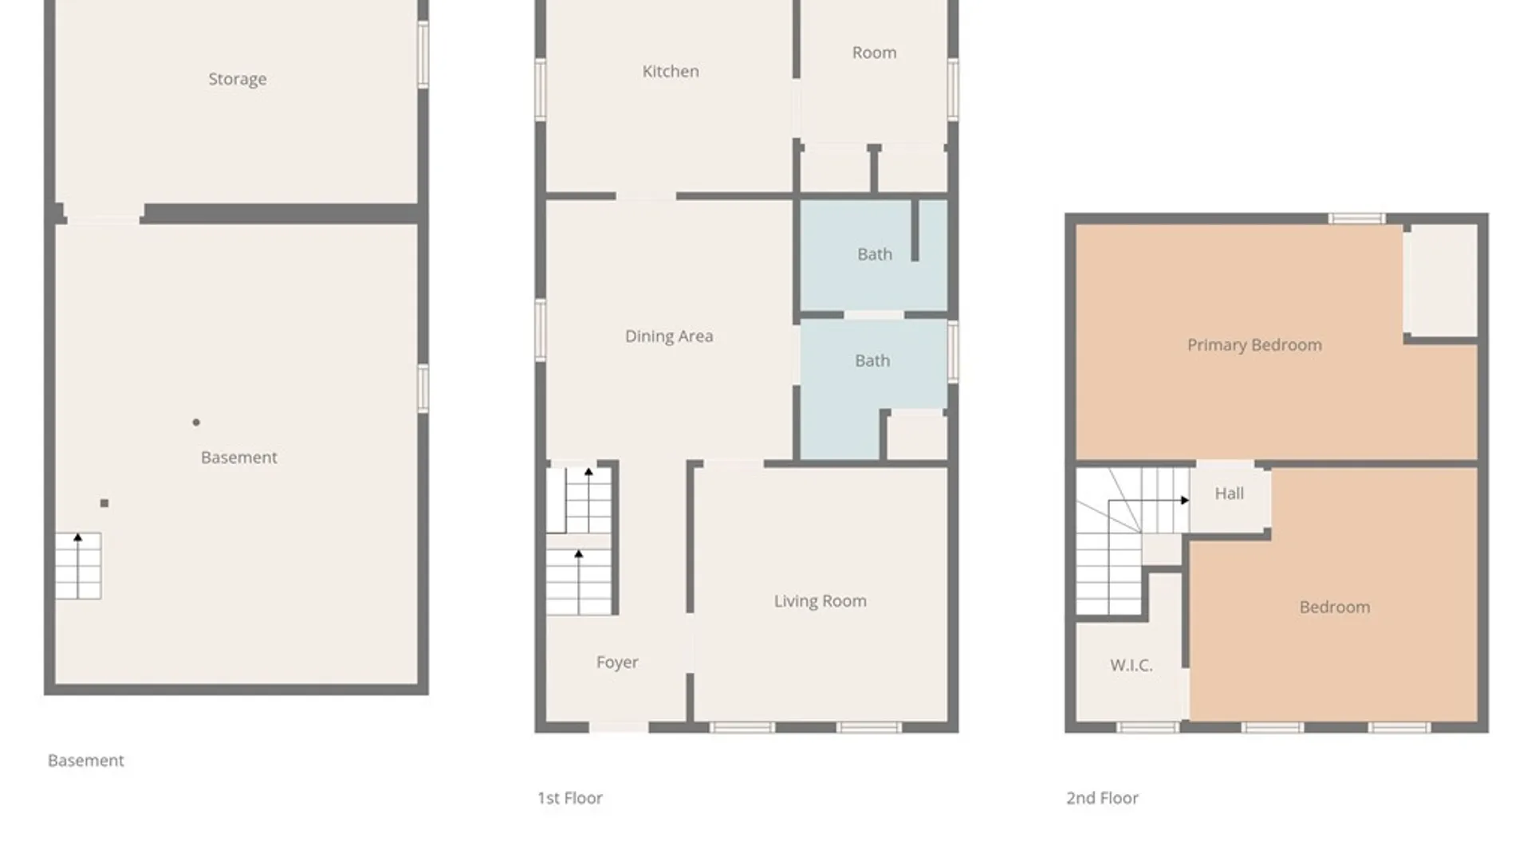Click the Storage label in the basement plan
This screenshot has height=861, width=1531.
pos(237,79)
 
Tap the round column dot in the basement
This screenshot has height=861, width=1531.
pos(196,423)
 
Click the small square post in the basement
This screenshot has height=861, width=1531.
pos(104,503)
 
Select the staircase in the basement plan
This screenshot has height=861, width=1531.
pos(78,566)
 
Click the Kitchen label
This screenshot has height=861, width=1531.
pos(670,71)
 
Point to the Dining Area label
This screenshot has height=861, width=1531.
pos(668,336)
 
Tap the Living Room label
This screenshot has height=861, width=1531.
pos(820,601)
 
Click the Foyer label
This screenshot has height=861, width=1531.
pos(616,662)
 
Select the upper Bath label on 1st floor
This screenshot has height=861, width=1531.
pos(874,254)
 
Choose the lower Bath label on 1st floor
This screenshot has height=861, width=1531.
pos(872,361)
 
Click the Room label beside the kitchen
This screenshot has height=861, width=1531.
pos(874,53)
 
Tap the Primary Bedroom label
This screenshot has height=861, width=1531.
pos(1254,345)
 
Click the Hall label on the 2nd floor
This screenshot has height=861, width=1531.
pos(1229,493)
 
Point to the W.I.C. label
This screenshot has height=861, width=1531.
pos(1131,666)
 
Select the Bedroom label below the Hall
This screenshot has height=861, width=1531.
pos(1334,607)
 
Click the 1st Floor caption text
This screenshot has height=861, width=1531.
pos(569,798)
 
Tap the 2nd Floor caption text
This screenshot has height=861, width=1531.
pos(1102,798)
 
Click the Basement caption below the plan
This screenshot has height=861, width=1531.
pos(85,761)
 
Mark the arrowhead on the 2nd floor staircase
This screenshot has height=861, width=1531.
pos(1185,501)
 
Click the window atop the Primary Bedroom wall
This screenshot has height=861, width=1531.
pos(1356,218)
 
